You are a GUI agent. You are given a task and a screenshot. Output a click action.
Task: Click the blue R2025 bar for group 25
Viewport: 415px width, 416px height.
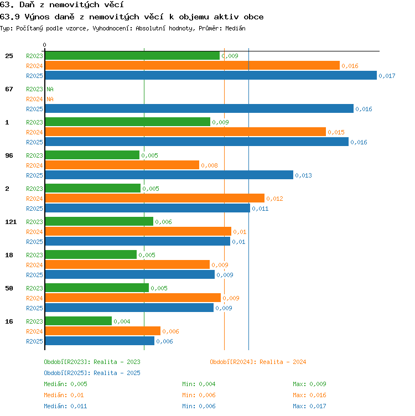point(211,75)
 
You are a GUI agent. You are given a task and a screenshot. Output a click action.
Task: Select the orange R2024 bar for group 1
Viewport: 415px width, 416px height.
point(185,132)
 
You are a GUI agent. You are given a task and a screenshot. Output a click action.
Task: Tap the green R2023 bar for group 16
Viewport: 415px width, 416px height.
point(79,321)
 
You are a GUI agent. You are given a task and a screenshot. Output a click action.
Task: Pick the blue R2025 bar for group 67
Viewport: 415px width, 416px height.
point(199,108)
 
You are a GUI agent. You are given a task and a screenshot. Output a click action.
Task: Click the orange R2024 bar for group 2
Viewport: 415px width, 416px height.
point(155,198)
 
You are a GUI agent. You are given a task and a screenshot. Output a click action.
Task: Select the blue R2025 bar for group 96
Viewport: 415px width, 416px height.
point(169,175)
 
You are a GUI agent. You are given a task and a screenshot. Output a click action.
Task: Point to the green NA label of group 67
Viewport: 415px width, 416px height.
point(50,89)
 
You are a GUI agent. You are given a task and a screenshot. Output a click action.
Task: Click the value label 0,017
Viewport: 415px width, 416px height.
point(387,76)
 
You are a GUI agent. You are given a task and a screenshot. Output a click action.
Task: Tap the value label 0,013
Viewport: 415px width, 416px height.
point(303,175)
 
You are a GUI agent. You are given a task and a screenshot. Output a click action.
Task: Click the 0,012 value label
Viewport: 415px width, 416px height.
point(274,199)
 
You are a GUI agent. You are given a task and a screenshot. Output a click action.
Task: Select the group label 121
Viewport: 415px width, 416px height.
point(11,222)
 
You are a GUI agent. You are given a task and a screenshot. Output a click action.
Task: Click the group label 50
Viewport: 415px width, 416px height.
point(9,288)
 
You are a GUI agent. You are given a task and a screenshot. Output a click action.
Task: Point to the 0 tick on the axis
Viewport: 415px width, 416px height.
point(45,45)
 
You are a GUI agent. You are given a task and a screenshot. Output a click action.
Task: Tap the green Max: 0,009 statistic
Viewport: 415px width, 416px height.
point(309,384)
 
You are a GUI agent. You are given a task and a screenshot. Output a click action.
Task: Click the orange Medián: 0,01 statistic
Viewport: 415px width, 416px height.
point(64,395)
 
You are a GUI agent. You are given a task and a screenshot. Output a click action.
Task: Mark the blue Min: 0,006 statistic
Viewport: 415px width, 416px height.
point(199,406)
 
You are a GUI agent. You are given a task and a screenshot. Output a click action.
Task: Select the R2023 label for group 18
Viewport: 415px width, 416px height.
point(34,255)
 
